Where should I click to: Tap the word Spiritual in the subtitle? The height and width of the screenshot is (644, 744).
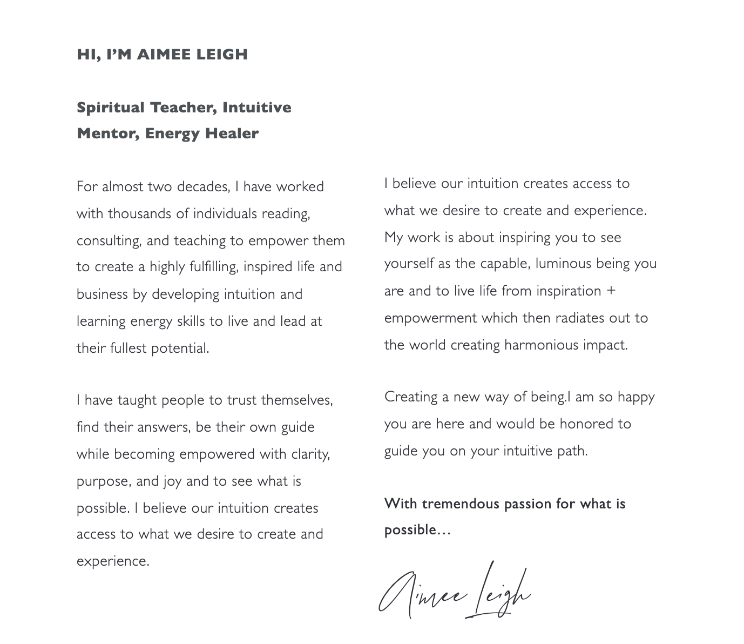click(x=111, y=108)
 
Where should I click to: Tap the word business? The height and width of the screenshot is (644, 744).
click(x=102, y=294)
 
